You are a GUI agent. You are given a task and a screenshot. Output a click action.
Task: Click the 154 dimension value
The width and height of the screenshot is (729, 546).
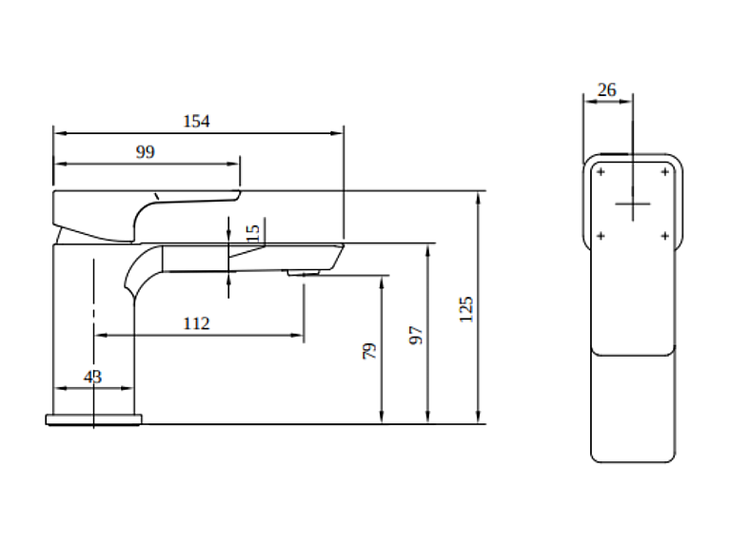(196, 122)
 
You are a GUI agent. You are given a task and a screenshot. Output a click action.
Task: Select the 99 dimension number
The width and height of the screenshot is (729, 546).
(145, 152)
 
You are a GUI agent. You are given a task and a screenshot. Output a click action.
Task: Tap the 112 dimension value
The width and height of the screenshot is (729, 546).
(196, 323)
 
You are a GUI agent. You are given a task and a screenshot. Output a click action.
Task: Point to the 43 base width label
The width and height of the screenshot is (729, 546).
(92, 377)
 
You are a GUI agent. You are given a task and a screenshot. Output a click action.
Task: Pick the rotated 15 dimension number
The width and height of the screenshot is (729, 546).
(253, 233)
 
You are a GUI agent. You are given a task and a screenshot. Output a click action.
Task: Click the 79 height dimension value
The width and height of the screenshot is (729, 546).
(369, 351)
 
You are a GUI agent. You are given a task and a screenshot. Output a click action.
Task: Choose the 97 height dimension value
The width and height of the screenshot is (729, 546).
(416, 335)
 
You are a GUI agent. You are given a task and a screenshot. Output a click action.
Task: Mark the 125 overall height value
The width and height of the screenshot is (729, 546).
(465, 309)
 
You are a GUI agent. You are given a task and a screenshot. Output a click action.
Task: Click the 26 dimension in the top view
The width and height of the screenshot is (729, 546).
(607, 89)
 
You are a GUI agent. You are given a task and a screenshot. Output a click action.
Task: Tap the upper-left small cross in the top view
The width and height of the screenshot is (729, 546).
(601, 172)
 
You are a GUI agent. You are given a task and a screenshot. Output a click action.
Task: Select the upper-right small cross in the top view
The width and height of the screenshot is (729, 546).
(665, 172)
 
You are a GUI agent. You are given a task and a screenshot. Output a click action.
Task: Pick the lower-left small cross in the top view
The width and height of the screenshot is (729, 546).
(601, 236)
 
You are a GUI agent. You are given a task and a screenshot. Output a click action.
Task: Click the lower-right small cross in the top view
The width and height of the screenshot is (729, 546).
(665, 236)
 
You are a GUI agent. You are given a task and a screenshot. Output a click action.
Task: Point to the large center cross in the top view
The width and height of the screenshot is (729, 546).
(633, 204)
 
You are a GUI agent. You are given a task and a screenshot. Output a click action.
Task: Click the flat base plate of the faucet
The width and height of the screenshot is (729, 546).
(93, 419)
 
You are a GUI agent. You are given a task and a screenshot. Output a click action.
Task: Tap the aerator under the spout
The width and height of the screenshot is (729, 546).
(304, 272)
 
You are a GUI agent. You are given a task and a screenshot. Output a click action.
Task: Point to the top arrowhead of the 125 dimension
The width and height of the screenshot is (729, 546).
(478, 199)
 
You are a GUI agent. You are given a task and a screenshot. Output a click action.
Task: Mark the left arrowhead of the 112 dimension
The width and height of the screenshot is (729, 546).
(101, 335)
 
